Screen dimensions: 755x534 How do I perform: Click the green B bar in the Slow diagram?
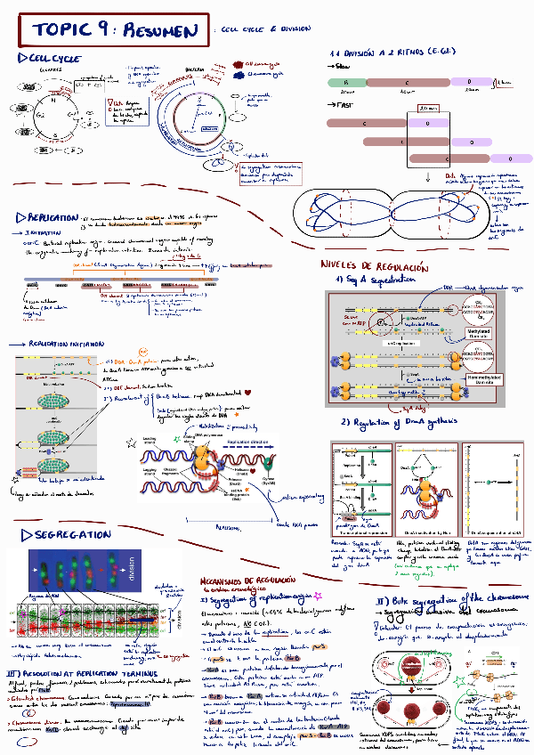pyautogui.click(x=345, y=82)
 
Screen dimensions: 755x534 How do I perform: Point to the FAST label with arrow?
pyautogui.click(x=340, y=104)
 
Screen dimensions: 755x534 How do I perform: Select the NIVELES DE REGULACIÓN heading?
pyautogui.click(x=374, y=266)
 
